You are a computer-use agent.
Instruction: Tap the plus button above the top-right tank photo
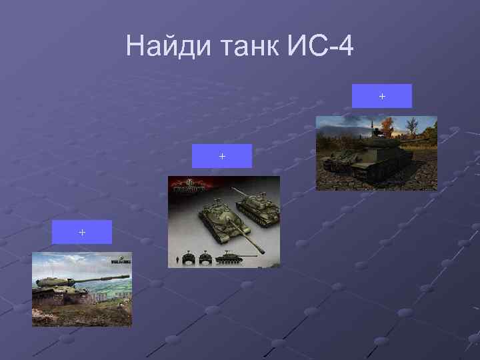pos(382,96)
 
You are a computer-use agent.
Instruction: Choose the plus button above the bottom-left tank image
pos(82,232)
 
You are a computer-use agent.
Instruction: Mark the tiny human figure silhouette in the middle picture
pos(176,259)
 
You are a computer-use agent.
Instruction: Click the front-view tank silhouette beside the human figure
pos(189,259)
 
